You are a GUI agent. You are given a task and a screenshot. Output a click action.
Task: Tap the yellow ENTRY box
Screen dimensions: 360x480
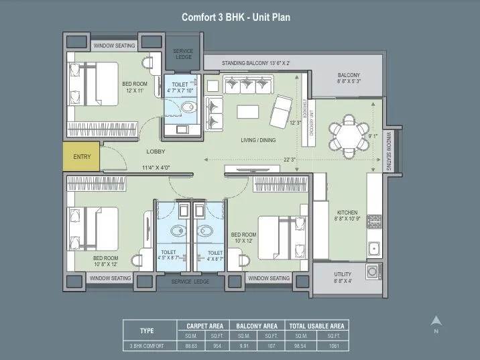(82, 157)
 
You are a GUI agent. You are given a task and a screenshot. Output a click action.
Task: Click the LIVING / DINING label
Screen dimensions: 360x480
(258, 140)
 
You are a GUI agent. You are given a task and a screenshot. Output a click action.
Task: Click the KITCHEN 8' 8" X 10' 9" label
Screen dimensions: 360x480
(347, 216)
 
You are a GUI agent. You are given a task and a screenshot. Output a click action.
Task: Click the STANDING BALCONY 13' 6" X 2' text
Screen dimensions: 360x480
(256, 63)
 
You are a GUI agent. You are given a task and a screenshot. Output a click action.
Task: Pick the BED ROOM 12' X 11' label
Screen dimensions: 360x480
(135, 86)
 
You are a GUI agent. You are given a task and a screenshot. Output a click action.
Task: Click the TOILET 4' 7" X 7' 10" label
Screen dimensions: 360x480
(180, 87)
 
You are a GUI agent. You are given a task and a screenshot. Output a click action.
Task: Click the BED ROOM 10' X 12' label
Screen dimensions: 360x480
(243, 238)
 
